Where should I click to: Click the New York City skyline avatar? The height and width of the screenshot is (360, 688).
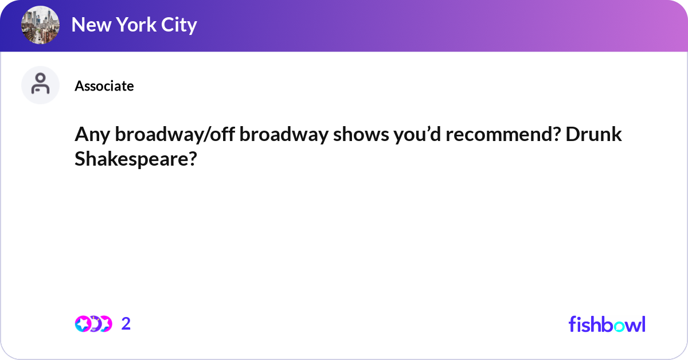pyautogui.click(x=40, y=25)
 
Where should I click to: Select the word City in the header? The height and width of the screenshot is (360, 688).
pyautogui.click(x=179, y=25)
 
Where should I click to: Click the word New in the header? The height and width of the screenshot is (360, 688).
pyautogui.click(x=91, y=25)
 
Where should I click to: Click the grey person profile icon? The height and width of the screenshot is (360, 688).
pyautogui.click(x=40, y=85)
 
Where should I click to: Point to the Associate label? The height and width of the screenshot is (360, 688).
pyautogui.click(x=104, y=86)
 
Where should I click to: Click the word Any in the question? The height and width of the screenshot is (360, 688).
pyautogui.click(x=92, y=135)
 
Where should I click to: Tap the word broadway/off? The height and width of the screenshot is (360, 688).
pyautogui.click(x=175, y=134)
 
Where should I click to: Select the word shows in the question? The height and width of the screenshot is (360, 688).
pyautogui.click(x=361, y=134)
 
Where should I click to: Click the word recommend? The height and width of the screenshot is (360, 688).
pyautogui.click(x=503, y=134)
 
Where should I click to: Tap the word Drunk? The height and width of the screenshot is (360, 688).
pyautogui.click(x=594, y=134)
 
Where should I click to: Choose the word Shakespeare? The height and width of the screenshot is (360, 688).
pyautogui.click(x=135, y=159)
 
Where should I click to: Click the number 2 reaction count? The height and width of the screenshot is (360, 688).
pyautogui.click(x=126, y=324)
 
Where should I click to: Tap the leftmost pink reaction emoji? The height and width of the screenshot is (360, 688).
pyautogui.click(x=83, y=324)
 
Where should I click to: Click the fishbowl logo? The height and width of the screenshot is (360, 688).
pyautogui.click(x=607, y=324)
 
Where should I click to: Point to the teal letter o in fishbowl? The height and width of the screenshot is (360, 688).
pyautogui.click(x=619, y=326)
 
